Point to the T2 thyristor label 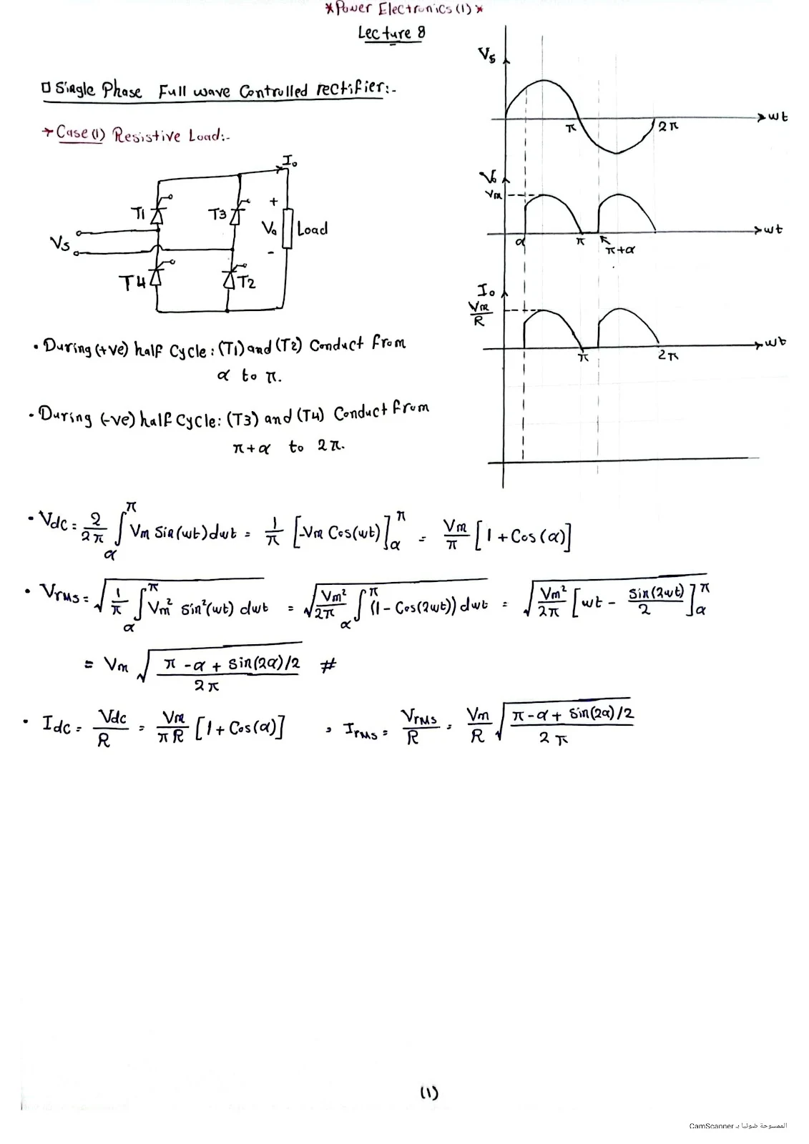[x=245, y=282]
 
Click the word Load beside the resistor [x=312, y=230]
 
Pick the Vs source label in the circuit [x=59, y=244]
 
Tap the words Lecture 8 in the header [x=391, y=33]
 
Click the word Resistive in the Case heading [x=147, y=135]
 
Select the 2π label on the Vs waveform [x=667, y=127]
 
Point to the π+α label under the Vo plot [x=619, y=250]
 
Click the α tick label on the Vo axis [x=520, y=243]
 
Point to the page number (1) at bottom [x=428, y=1093]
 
